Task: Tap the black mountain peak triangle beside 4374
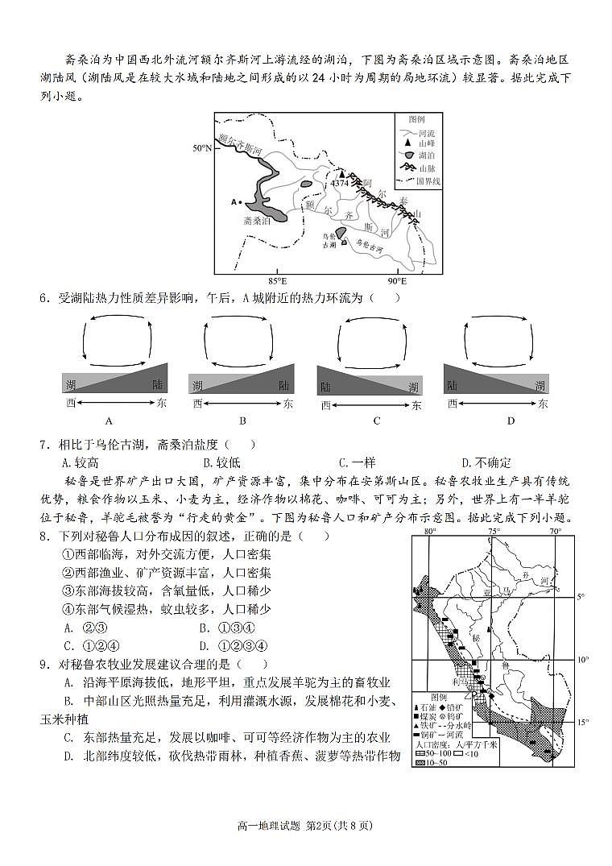341,173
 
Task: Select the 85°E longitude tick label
277,281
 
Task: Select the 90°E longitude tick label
397,281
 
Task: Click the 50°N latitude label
202,148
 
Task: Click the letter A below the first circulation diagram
109,421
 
